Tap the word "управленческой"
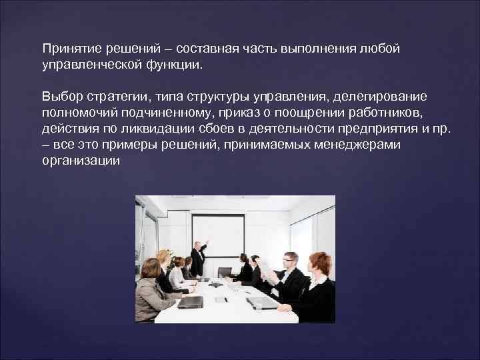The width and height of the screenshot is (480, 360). [x=84, y=65]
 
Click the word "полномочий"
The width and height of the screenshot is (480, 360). [x=75, y=113]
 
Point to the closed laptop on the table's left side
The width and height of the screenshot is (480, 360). [x=190, y=301]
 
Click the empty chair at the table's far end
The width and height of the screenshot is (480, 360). [x=225, y=271]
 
